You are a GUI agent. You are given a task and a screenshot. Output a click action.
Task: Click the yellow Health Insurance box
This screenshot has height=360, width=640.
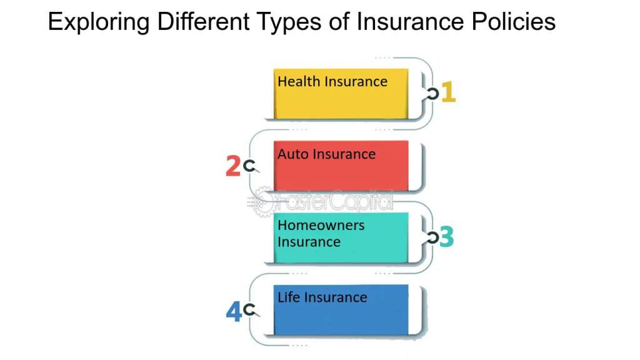pyautogui.click(x=341, y=94)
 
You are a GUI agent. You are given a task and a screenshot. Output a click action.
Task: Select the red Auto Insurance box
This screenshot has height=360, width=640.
pyautogui.click(x=341, y=166)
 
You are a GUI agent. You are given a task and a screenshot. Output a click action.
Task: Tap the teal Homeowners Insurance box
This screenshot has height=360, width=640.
pyautogui.click(x=341, y=237)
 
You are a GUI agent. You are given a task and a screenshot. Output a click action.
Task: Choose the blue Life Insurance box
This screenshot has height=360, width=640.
pyautogui.click(x=341, y=309)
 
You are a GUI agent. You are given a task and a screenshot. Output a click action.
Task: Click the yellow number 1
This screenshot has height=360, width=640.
pyautogui.click(x=449, y=92)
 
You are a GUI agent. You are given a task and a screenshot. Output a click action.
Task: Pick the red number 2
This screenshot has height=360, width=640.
pyautogui.click(x=232, y=166)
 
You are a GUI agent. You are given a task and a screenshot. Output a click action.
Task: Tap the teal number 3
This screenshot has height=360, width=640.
pyautogui.click(x=446, y=237)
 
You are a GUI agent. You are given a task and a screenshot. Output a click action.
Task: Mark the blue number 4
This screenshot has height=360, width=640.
pyautogui.click(x=233, y=311)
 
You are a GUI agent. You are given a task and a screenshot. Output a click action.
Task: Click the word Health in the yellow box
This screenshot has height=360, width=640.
pyautogui.click(x=297, y=81)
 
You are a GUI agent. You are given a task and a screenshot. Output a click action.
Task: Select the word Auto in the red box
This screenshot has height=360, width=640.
pyautogui.click(x=292, y=154)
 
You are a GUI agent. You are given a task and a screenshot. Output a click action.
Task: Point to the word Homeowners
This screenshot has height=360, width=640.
pyautogui.click(x=321, y=225)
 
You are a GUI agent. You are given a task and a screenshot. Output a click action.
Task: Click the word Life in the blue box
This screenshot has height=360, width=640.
pyautogui.click(x=288, y=297)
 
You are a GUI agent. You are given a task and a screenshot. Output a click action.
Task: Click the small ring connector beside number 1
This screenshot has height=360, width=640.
pyautogui.click(x=432, y=94)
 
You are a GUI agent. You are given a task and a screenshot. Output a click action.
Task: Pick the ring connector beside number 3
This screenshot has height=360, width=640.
pyautogui.click(x=432, y=237)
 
